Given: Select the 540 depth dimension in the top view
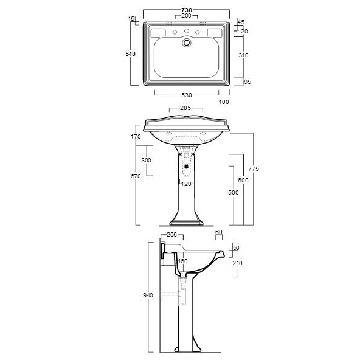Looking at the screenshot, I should [x=130, y=54].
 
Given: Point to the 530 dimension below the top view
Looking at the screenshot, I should [x=186, y=95].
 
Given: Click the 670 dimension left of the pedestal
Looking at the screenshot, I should [x=136, y=176].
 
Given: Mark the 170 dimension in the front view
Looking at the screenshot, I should [x=136, y=137].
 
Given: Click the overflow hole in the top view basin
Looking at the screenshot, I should [x=187, y=43].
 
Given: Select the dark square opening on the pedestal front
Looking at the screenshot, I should [x=186, y=162].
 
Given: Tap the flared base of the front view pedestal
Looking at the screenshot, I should [x=186, y=220].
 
